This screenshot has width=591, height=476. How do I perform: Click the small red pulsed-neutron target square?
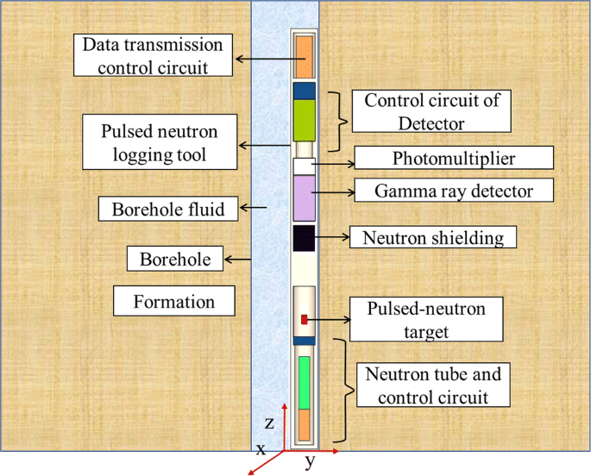pos(304,320)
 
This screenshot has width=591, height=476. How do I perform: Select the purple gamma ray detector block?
pos(305,198)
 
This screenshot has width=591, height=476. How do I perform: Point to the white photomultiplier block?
pos(302,166)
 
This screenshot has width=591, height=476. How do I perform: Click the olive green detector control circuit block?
pos(305,120)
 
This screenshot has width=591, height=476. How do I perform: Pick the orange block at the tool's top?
pos(305,57)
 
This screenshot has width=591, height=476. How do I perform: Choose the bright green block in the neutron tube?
pos(304,382)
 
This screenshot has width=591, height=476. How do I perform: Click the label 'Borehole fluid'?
pos(167,209)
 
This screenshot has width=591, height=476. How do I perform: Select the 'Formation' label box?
pos(174,302)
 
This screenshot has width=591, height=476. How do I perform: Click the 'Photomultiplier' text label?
pos(454,158)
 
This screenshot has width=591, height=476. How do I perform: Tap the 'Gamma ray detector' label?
pos(454,191)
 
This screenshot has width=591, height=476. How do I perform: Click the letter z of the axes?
pos(269,423)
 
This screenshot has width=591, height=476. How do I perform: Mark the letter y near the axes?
pos(310,461)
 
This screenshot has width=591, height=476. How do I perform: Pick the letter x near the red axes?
pos(260,449)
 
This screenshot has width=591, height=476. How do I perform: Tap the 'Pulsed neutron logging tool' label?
pos(156,145)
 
